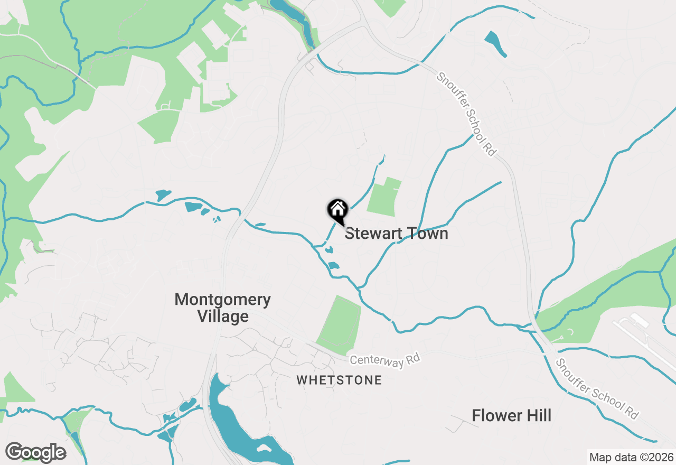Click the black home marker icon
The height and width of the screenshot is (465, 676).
coord(337,210)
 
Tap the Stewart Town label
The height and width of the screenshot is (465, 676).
coord(396,233)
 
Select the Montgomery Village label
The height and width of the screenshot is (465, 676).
coord(222,308)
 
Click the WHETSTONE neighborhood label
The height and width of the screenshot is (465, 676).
coord(339,380)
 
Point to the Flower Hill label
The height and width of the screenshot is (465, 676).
coord(511,415)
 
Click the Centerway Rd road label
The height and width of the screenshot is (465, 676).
coord(384,360)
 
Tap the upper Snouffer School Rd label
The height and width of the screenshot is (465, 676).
coord(467,114)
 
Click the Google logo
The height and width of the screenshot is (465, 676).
coord(35,452)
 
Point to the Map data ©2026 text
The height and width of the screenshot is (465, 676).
coord(631,457)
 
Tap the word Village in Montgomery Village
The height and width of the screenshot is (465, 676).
coord(222,317)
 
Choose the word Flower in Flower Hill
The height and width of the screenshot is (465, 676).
coord(494,415)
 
